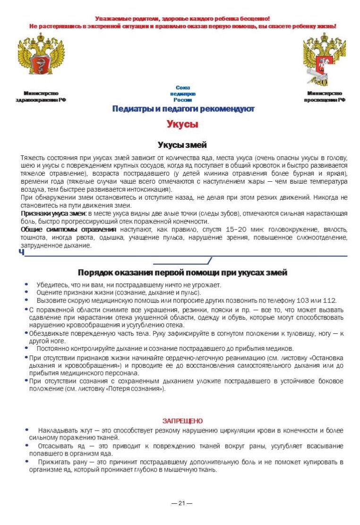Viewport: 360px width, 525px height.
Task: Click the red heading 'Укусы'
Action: (182, 125)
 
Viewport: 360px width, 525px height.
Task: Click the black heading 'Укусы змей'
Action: (182, 145)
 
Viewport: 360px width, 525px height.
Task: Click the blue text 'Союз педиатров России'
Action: (182, 93)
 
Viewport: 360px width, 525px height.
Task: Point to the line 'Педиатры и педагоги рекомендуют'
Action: (183, 109)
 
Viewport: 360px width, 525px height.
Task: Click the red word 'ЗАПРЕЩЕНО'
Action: (182, 421)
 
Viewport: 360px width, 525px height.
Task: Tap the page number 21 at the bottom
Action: (182, 503)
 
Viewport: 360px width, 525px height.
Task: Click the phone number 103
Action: (302, 300)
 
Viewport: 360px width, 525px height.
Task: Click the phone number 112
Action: (329, 300)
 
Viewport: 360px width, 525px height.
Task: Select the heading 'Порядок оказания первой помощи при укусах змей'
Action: (182, 273)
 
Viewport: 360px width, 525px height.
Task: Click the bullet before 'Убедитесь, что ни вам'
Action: (26, 285)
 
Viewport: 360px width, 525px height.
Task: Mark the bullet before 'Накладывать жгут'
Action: (26, 431)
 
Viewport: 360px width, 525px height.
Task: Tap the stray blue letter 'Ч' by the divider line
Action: (21, 252)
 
